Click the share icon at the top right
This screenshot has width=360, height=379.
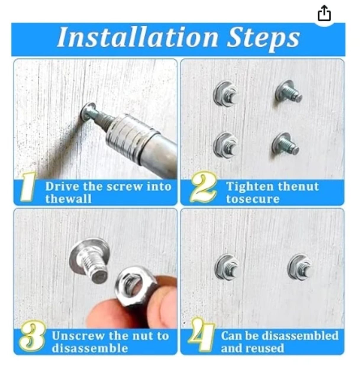tap(324, 13)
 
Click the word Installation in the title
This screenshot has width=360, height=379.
tap(138, 37)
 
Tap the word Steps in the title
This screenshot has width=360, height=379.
tap(263, 38)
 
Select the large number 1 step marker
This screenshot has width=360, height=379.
tap(28, 187)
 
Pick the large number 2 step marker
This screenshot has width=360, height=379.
tap(203, 187)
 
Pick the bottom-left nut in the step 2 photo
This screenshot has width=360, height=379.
tap(225, 144)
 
